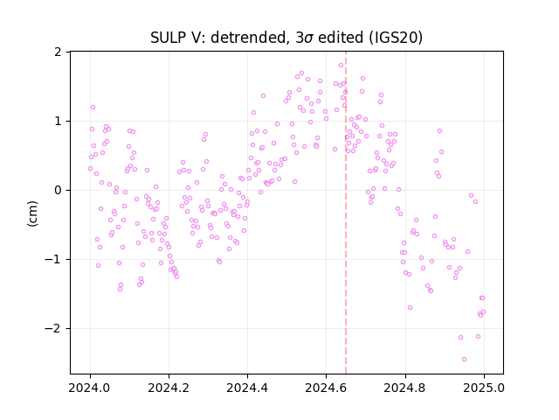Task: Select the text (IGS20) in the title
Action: pyautogui.click(x=396, y=38)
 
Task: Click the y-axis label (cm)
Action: pyautogui.click(x=32, y=213)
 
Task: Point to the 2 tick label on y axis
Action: pyautogui.click(x=58, y=52)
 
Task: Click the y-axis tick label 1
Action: pyautogui.click(x=58, y=121)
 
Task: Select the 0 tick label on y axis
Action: pyautogui.click(x=58, y=191)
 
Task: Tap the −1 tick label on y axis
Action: pyautogui.click(x=52, y=259)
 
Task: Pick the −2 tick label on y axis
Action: pyautogui.click(x=52, y=328)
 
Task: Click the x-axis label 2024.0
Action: pyautogui.click(x=90, y=388)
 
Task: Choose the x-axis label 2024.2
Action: pyautogui.click(x=169, y=388)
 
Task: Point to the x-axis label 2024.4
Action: pyautogui.click(x=247, y=388)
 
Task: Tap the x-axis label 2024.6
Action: pyautogui.click(x=326, y=388)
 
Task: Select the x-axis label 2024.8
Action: pyautogui.click(x=405, y=388)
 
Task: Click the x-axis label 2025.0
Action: pyautogui.click(x=484, y=388)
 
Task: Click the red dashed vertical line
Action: pyautogui.click(x=346, y=213)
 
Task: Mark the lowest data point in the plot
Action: pyautogui.click(x=464, y=359)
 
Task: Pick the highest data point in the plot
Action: pyautogui.click(x=341, y=65)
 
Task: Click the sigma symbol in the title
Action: pyautogui.click(x=309, y=38)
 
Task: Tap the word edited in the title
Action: pyautogui.click(x=342, y=38)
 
